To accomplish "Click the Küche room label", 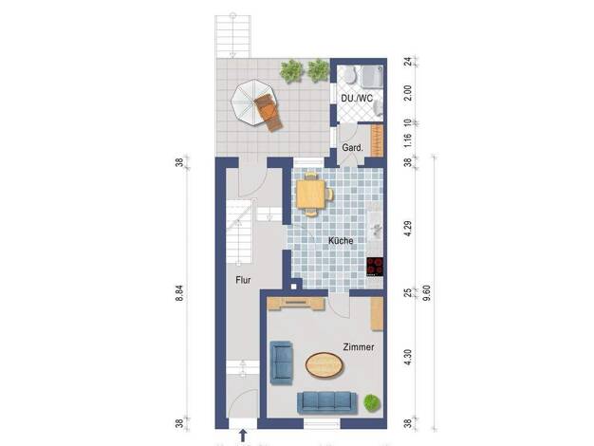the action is click(341, 241).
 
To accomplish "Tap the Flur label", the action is click(243, 280).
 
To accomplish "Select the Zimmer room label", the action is click(359, 346).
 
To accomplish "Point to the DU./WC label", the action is click(357, 98).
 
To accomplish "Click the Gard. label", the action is click(352, 148).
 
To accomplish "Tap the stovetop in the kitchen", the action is click(375, 267).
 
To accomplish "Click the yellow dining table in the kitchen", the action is click(310, 194).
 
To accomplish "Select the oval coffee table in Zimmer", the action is click(325, 365).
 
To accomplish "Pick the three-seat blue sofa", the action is click(327, 402).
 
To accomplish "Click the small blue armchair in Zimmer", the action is click(282, 362).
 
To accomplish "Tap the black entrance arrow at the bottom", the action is click(243, 436).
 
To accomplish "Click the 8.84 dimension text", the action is click(179, 293).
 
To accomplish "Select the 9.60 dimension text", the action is click(427, 293).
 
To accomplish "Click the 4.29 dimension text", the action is click(408, 228).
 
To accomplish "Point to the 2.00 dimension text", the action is click(408, 93).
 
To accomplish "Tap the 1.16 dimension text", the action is click(408, 141).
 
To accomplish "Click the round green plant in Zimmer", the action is click(372, 402).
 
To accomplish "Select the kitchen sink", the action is click(375, 230).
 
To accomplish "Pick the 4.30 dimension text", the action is click(408, 358).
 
